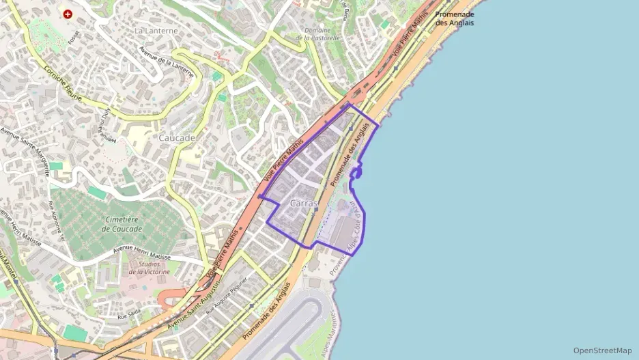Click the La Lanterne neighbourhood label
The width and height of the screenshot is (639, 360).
coord(156,31)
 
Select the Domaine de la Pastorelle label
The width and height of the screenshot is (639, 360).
coord(317,34)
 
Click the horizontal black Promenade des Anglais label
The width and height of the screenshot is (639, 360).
coord(455,18)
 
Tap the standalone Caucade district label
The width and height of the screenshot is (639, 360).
coord(177,138)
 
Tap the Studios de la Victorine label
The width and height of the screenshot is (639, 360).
coord(154,268)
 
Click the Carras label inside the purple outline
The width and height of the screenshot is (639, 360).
coord(304,204)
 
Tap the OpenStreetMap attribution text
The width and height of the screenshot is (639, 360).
coord(602,350)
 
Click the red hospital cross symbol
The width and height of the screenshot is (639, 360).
coord(68,14)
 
